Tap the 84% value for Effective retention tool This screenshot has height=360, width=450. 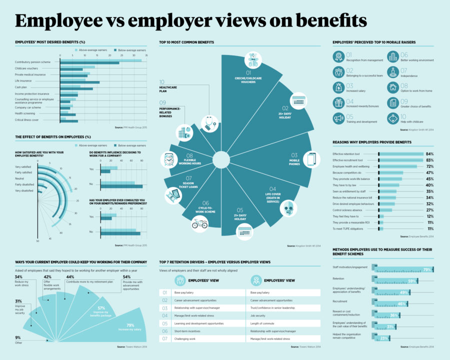(428, 153)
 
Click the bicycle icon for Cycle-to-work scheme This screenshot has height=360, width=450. (199, 223)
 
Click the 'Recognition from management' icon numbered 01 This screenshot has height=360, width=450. (338, 56)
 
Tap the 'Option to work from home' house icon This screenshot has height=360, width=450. (393, 87)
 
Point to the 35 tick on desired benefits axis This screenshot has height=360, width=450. (146, 55)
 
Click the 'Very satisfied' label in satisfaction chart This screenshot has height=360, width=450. (23, 166)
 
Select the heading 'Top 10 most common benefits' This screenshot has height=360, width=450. (186, 42)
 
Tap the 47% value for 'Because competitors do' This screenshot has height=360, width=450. (429, 172)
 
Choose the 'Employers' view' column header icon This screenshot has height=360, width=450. (255, 280)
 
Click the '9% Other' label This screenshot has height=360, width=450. (18, 339)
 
